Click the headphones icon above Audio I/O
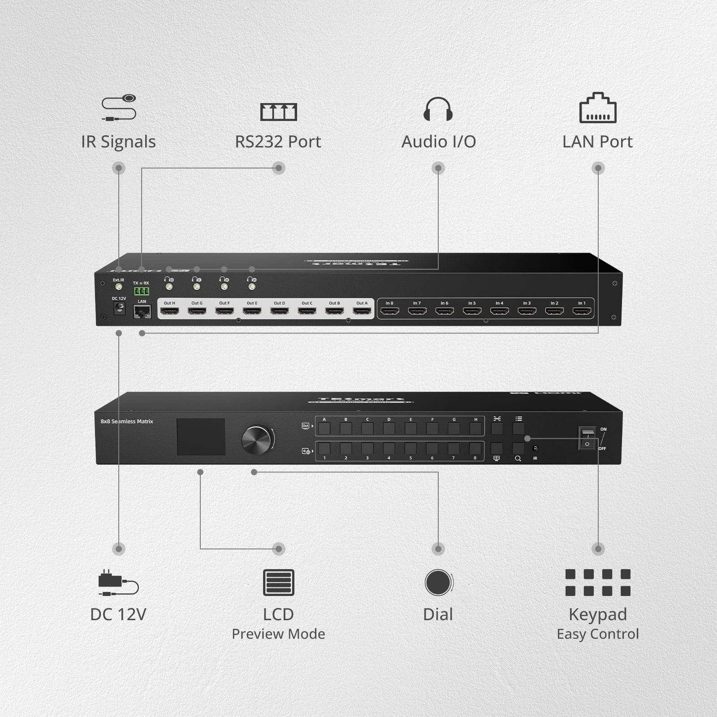(x=438, y=109)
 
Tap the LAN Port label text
(x=597, y=142)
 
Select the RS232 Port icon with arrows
(x=278, y=112)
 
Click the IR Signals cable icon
(x=119, y=108)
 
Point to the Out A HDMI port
(x=362, y=311)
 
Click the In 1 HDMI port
(x=581, y=311)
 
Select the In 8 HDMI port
(x=389, y=311)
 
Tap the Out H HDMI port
(x=169, y=311)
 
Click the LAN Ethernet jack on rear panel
(x=142, y=311)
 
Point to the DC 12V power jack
(x=119, y=308)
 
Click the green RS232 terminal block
(x=141, y=291)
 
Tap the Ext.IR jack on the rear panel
(x=119, y=287)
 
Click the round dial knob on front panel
(x=257, y=440)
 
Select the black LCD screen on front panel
(x=201, y=437)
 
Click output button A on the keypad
(x=324, y=428)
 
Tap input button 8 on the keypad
(x=475, y=449)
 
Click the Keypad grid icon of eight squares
(x=598, y=582)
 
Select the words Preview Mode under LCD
(x=278, y=634)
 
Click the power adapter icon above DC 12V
(x=118, y=583)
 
